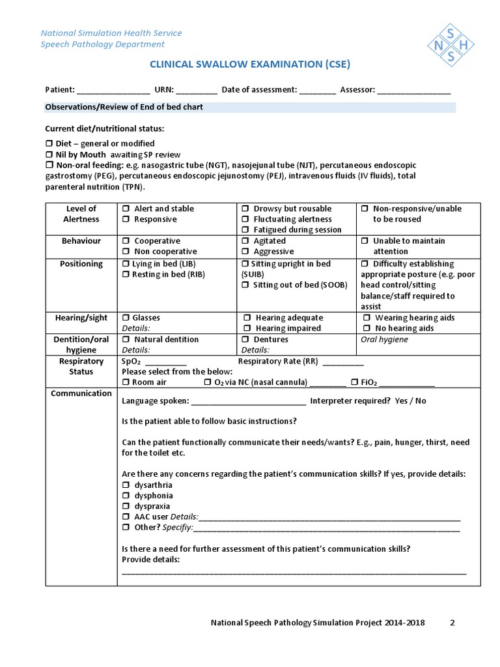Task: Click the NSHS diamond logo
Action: pos(451,44)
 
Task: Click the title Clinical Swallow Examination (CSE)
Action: pos(250,64)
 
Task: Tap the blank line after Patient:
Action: pos(114,91)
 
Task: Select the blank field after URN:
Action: pos(196,91)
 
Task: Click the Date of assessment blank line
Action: pos(318,91)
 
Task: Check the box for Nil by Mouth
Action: pos(49,155)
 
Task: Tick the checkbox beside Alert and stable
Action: pos(126,209)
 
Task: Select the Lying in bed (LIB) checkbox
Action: pos(126,264)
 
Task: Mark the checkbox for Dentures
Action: pos(245,339)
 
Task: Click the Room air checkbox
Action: pos(126,382)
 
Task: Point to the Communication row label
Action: pos(81,393)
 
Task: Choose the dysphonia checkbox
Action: pos(126,496)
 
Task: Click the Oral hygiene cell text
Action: pos(384,339)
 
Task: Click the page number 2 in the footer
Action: pos(452,623)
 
